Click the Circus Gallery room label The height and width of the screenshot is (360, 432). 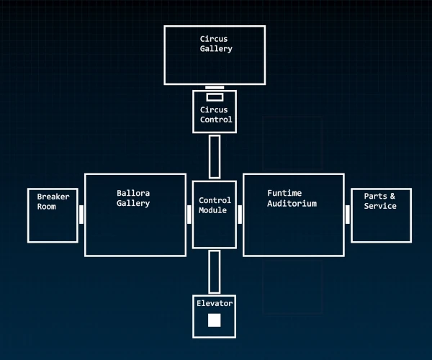216,44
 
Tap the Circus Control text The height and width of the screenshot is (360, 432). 215,115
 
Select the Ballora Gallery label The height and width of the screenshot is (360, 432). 134,198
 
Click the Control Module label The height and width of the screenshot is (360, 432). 215,205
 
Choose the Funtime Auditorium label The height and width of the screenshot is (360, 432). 292,198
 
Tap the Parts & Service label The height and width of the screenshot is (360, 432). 380,202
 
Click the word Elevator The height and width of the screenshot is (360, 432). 215,304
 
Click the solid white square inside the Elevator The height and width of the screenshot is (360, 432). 215,320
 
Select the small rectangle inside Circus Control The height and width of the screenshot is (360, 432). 215,97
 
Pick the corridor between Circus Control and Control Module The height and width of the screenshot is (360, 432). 215,156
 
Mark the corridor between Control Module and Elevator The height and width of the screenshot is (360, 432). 215,271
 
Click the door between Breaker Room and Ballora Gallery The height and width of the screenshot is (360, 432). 81,215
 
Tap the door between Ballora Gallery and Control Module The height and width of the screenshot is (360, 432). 189,215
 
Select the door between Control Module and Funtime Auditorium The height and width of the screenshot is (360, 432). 240,215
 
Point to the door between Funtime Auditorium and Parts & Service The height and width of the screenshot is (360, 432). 348,215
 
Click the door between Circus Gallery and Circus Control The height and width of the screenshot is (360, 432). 215,88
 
